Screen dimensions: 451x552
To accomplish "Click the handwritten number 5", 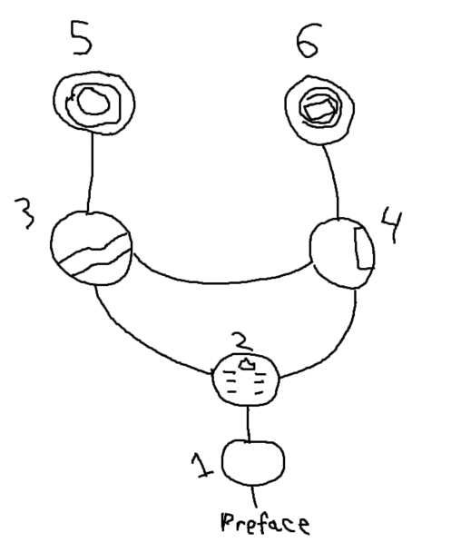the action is tap(82, 38).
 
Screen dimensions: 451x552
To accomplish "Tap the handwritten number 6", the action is tap(309, 40).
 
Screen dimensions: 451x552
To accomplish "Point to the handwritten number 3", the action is tap(25, 213).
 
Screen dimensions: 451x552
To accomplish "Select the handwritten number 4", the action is tap(391, 224).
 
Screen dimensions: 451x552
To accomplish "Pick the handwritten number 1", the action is tap(201, 465).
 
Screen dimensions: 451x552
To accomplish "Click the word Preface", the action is tap(265, 523).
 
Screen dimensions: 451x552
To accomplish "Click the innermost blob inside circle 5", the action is tap(93, 101).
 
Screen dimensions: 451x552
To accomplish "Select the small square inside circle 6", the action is tap(319, 110).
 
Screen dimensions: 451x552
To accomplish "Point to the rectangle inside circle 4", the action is tap(363, 248).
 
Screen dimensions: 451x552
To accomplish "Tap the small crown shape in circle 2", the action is tap(247, 364).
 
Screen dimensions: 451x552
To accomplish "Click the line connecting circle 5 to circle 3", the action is tap(91, 173).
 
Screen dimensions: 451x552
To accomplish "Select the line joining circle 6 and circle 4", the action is tap(334, 182).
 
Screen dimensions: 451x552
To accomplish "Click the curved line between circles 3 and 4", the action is tap(221, 282).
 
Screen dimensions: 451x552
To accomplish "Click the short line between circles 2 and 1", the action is tap(249, 423).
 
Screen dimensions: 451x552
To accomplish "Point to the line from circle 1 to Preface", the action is tap(254, 499).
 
